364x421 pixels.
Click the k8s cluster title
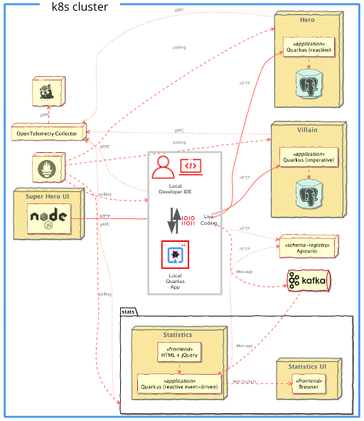tap(80, 7)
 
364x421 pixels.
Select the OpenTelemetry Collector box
tap(47, 133)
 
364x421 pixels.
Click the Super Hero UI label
tap(48, 196)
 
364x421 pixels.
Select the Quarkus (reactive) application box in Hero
tap(309, 46)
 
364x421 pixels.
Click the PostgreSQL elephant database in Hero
tap(309, 83)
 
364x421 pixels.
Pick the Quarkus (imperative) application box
tap(309, 156)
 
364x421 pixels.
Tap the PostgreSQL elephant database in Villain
tap(309, 193)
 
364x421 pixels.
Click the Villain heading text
tap(307, 131)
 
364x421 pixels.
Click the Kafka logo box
tap(309, 282)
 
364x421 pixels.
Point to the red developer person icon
tap(163, 168)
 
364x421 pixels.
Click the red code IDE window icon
tap(190, 166)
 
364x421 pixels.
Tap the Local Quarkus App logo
tap(175, 255)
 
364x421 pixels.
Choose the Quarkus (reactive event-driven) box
tap(179, 384)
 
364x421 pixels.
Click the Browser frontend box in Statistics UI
tap(307, 384)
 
